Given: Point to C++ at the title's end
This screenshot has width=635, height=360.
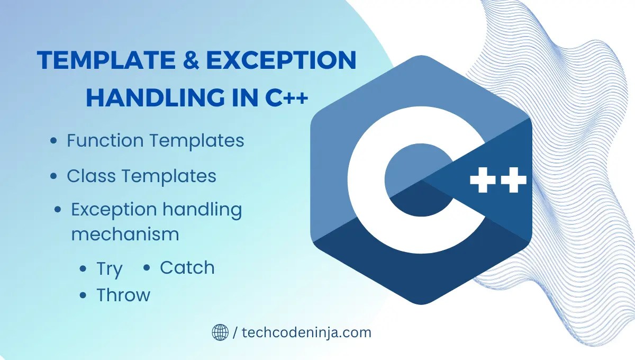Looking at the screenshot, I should (286, 98).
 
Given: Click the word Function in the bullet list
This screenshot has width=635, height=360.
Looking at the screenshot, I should (105, 141).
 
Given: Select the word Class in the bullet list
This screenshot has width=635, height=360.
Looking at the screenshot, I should (89, 176).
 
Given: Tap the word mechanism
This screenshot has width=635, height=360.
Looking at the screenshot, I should (125, 234).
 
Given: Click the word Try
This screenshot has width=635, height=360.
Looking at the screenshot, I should (109, 269).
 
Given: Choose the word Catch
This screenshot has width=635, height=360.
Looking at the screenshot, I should (187, 268).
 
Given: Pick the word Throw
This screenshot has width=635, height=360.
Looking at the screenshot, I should (123, 295).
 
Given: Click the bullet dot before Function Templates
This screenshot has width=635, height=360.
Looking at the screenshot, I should (53, 141).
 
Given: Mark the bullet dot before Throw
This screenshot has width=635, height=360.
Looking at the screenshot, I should (83, 295).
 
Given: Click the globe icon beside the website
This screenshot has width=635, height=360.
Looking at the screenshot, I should (220, 332).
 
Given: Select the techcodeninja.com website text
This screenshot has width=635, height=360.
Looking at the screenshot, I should (306, 332).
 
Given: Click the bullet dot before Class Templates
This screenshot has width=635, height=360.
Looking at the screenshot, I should (53, 177).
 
